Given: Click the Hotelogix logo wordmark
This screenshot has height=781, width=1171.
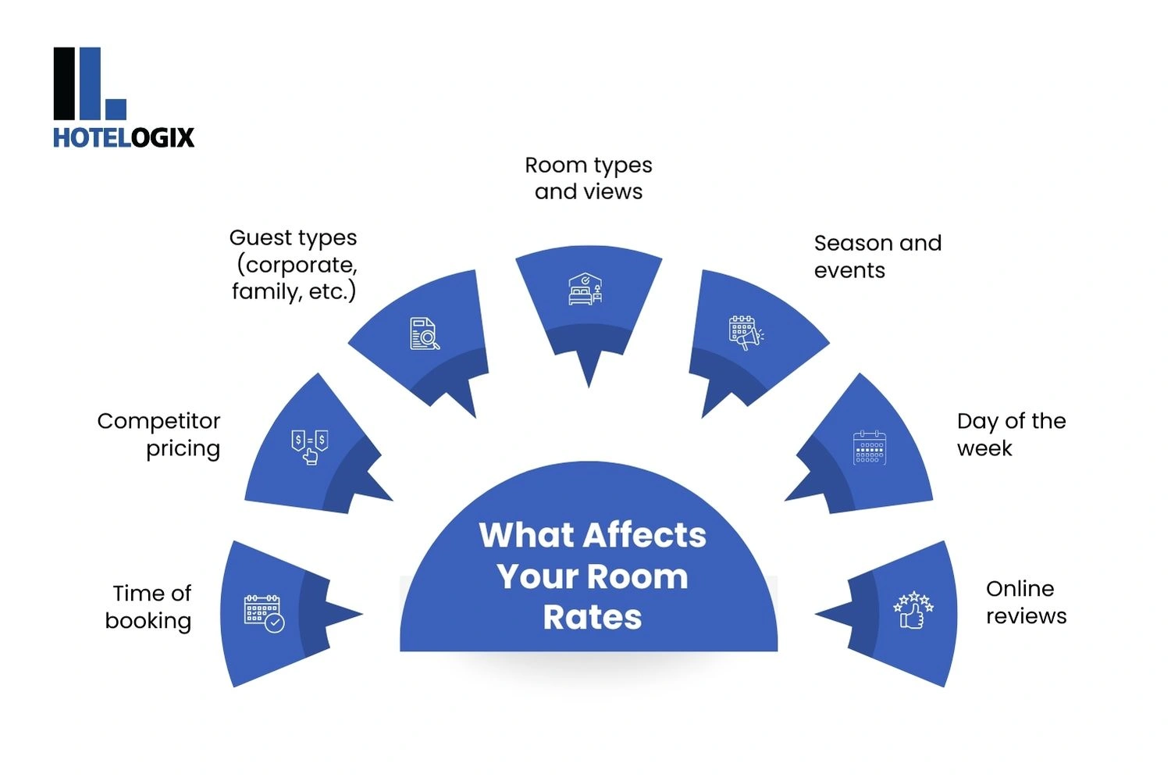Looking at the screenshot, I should pos(123,138).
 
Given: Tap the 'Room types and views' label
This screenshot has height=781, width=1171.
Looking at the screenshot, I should pos(589,178).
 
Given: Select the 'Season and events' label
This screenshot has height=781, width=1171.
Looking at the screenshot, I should pos(877,256).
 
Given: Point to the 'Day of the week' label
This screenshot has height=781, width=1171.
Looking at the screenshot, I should pos(1010,434).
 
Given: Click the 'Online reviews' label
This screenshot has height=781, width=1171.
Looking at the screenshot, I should pos(1025,602).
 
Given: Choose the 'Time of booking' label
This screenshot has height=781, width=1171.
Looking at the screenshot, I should pos(149,607).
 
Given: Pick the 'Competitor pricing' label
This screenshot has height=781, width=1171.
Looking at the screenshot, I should pos(159,434).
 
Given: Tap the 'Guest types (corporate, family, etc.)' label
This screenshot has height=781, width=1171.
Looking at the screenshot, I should pos(294,264).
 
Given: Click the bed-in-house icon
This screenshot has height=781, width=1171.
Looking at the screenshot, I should pos(585,289).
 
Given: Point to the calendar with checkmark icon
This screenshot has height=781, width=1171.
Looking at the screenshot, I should pos(264,613).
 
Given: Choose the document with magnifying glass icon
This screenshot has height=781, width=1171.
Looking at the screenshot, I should pos(425,333).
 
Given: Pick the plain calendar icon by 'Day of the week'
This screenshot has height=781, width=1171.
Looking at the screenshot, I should pos(869,448).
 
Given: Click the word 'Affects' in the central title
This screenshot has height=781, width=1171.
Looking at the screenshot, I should pos(644,536).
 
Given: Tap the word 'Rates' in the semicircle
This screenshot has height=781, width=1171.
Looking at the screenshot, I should pos(593,618).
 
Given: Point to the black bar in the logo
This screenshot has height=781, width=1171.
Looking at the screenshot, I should pos(64,84).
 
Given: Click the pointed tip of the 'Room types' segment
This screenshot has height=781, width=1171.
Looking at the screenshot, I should pos(589,384).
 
